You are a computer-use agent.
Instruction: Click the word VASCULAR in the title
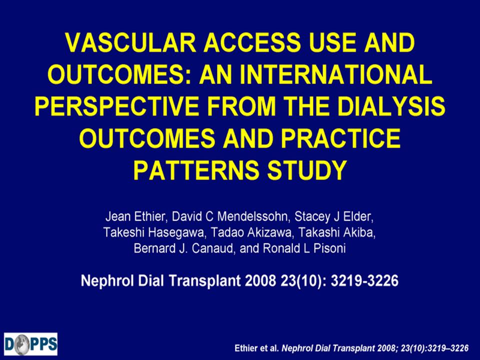pyautogui.click(x=130, y=42)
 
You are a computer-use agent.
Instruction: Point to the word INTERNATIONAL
pyautogui.click(x=336, y=74)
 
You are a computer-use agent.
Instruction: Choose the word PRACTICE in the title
pyautogui.click(x=340, y=138)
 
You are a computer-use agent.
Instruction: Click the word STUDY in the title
pyautogui.click(x=307, y=170)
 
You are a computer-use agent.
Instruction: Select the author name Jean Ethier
pyautogui.click(x=135, y=216)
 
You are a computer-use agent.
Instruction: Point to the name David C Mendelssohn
pyautogui.click(x=230, y=216)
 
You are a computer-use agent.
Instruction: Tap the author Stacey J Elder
pyautogui.click(x=333, y=216)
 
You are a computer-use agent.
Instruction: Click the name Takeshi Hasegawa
pyautogui.click(x=153, y=232)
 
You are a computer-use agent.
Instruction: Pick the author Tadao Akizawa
pyautogui.click(x=251, y=232)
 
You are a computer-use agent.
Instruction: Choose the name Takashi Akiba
pyautogui.click(x=336, y=232)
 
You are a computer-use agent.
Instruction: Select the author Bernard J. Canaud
pyautogui.click(x=183, y=248)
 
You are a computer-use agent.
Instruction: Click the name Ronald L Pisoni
pyautogui.click(x=304, y=248)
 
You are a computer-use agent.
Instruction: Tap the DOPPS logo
pyautogui.click(x=30, y=344)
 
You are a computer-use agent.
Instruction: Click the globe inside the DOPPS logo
pyautogui.click(x=22, y=344)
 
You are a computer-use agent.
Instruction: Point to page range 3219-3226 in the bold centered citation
pyautogui.click(x=364, y=280)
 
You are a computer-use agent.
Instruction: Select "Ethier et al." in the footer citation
pyautogui.click(x=257, y=348)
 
